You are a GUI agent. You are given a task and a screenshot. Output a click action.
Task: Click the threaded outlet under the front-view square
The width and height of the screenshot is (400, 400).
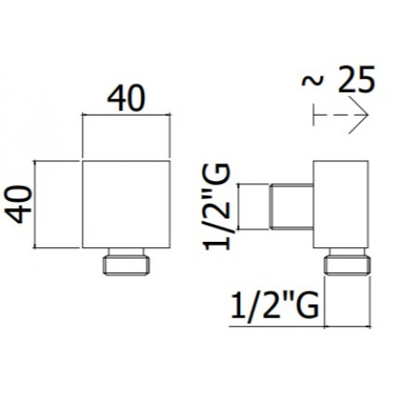click(x=127, y=263)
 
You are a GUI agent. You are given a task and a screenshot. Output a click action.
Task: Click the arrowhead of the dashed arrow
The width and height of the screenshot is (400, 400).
click(x=361, y=114)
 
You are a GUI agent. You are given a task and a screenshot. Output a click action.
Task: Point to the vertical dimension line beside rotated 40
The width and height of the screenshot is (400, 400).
click(x=36, y=204)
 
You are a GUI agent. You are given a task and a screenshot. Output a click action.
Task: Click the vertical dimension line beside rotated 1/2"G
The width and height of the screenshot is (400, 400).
click(x=244, y=206)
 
